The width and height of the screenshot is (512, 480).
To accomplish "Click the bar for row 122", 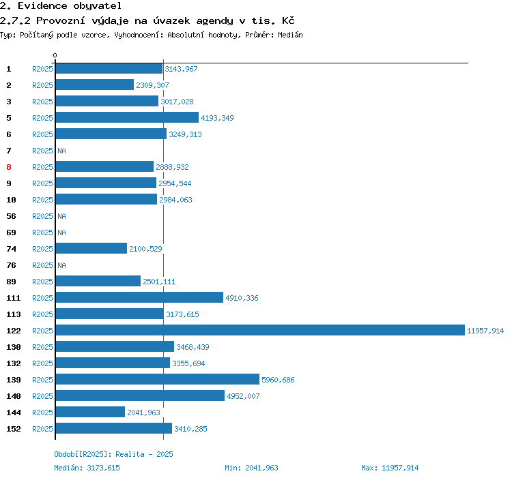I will pyautogui.click(x=259, y=331).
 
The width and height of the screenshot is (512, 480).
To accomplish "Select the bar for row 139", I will pyautogui.click(x=157, y=380).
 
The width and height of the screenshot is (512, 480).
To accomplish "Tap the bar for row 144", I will pyautogui.click(x=90, y=412).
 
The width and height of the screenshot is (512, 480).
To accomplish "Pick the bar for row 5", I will pyautogui.click(x=127, y=118).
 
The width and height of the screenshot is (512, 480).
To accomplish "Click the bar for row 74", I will pyautogui.click(x=91, y=249).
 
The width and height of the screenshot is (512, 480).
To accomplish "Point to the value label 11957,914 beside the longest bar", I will pyautogui.click(x=485, y=331).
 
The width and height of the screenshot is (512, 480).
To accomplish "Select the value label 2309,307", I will pyautogui.click(x=152, y=85).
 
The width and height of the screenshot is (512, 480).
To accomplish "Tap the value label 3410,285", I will pyautogui.click(x=190, y=429).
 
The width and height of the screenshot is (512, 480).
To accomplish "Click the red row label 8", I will pyautogui.click(x=9, y=167).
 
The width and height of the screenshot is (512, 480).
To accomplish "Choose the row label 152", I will pyautogui.click(x=14, y=429).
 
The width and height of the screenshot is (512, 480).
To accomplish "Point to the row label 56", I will pyautogui.click(x=11, y=216).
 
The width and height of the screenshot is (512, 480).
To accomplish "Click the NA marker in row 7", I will pyautogui.click(x=61, y=151).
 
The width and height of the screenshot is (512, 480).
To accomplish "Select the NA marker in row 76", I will pyautogui.click(x=61, y=265).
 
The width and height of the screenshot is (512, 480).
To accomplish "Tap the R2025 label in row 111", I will pyautogui.click(x=42, y=298).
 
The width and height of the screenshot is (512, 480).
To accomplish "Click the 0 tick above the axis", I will pyautogui.click(x=55, y=55).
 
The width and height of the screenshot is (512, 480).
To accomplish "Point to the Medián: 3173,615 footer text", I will pyautogui.click(x=87, y=468).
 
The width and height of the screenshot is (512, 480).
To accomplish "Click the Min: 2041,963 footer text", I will pyautogui.click(x=251, y=468).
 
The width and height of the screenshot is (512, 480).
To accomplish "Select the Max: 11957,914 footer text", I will pyautogui.click(x=390, y=468).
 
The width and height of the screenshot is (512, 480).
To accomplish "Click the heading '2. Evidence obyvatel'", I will pyautogui.click(x=61, y=6).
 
